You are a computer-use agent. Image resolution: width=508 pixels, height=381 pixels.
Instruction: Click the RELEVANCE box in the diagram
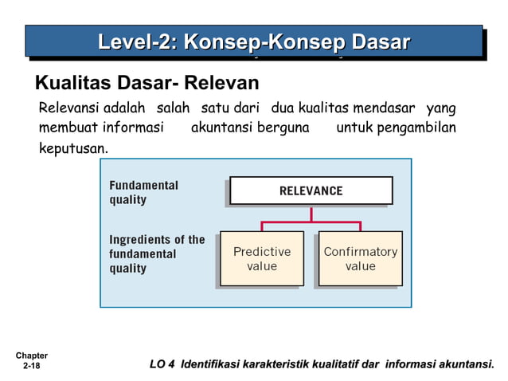[x=311, y=190]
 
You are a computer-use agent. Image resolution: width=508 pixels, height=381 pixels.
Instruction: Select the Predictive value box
[x=262, y=259]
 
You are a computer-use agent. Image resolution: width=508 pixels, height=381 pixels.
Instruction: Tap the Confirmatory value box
[x=360, y=259]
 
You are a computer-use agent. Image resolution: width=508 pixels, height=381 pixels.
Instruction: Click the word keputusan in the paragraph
[x=73, y=149]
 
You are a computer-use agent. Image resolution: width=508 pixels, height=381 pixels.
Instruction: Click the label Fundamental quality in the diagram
[x=143, y=192]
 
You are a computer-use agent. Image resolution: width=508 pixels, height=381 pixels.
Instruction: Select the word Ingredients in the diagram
[x=140, y=239]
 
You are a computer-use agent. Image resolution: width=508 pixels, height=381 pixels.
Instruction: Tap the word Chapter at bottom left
[x=31, y=355]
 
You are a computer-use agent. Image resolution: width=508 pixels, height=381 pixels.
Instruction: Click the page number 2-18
[x=31, y=366]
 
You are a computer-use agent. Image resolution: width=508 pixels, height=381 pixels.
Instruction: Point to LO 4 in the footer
[x=162, y=365]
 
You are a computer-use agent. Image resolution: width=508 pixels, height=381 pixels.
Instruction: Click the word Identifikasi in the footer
[x=216, y=365]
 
